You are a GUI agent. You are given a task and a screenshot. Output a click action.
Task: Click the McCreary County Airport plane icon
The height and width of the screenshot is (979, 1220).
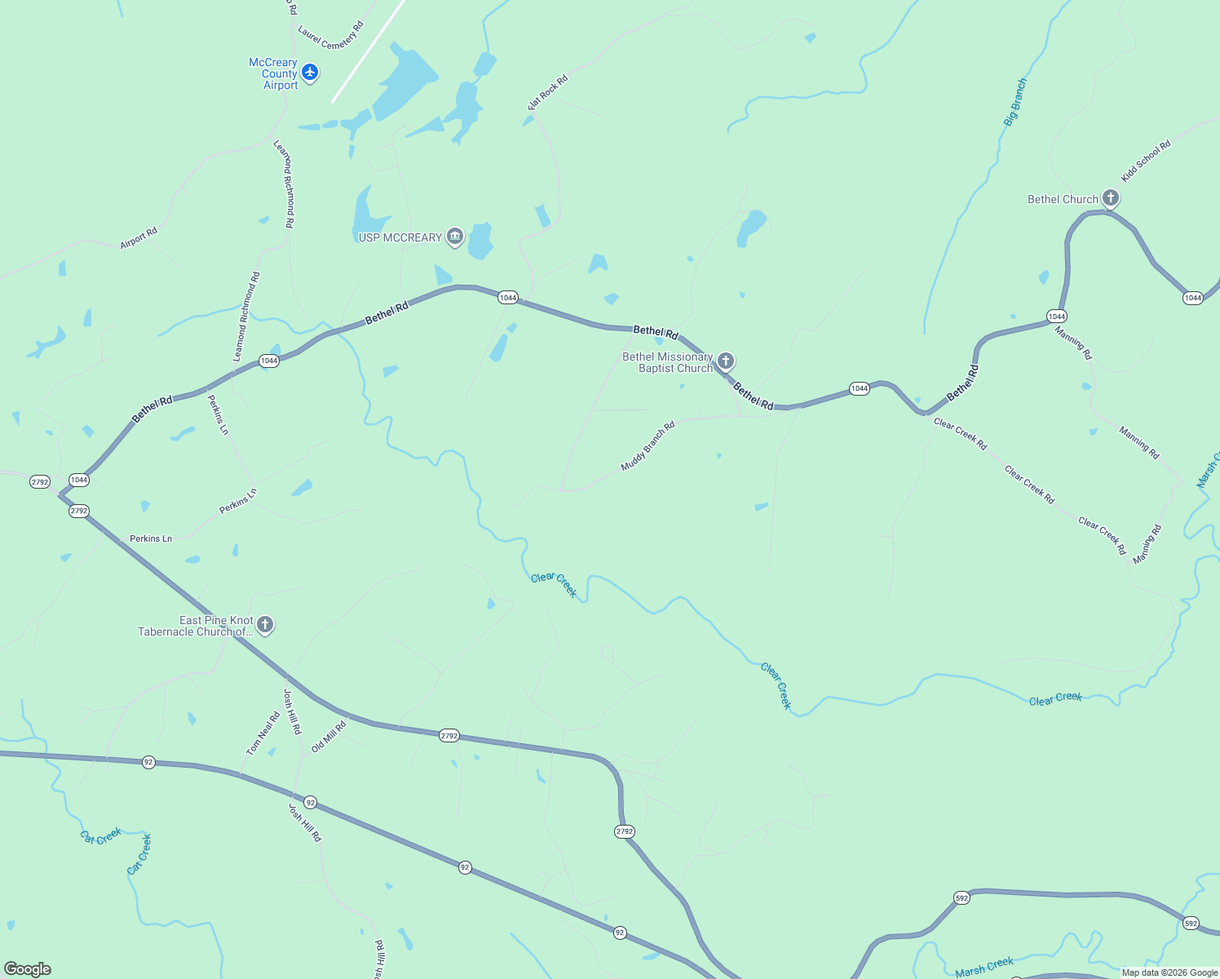pyautogui.click(x=310, y=73)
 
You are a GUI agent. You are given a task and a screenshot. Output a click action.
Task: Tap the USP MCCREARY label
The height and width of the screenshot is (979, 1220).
pyautogui.click(x=400, y=237)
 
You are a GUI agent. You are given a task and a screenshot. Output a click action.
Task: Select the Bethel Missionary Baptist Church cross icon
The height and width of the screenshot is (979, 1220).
pyautogui.click(x=725, y=361)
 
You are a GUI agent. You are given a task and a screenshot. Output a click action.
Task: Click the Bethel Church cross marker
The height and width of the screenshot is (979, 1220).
pyautogui.click(x=1110, y=198)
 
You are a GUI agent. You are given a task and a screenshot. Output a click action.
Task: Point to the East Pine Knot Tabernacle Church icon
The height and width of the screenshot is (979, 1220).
pyautogui.click(x=264, y=625)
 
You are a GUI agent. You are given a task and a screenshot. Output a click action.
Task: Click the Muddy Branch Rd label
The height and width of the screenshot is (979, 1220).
pyautogui.click(x=648, y=446)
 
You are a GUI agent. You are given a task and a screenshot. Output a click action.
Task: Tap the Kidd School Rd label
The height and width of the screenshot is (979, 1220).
pyautogui.click(x=1145, y=162)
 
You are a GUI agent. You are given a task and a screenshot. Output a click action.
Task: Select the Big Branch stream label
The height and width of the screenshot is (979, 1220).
pyautogui.click(x=1015, y=102)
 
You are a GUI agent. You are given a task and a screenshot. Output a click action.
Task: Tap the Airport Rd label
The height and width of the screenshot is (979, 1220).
pyautogui.click(x=139, y=238)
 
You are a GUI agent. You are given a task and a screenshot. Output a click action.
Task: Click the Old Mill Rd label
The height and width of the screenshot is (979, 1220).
pyautogui.click(x=329, y=736)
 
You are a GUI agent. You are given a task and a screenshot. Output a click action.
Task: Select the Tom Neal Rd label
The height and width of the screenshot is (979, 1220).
pyautogui.click(x=263, y=733)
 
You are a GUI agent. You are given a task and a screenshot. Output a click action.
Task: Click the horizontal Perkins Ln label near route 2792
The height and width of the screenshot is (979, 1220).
pyautogui.click(x=151, y=538)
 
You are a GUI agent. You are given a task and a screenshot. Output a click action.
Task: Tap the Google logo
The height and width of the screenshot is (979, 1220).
pyautogui.click(x=28, y=969)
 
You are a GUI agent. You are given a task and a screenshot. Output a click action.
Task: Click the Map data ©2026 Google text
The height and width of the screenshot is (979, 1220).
pyautogui.click(x=1169, y=972)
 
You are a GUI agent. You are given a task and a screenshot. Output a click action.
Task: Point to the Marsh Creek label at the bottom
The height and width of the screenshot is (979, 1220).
pyautogui.click(x=984, y=968)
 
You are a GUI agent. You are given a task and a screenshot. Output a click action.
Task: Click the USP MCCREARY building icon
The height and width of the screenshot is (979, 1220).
pyautogui.click(x=455, y=237)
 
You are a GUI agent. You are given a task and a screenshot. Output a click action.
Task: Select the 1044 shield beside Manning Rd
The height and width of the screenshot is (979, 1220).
pyautogui.click(x=1056, y=317)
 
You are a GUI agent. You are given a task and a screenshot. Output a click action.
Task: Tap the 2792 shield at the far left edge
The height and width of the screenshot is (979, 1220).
pyautogui.click(x=40, y=482)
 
